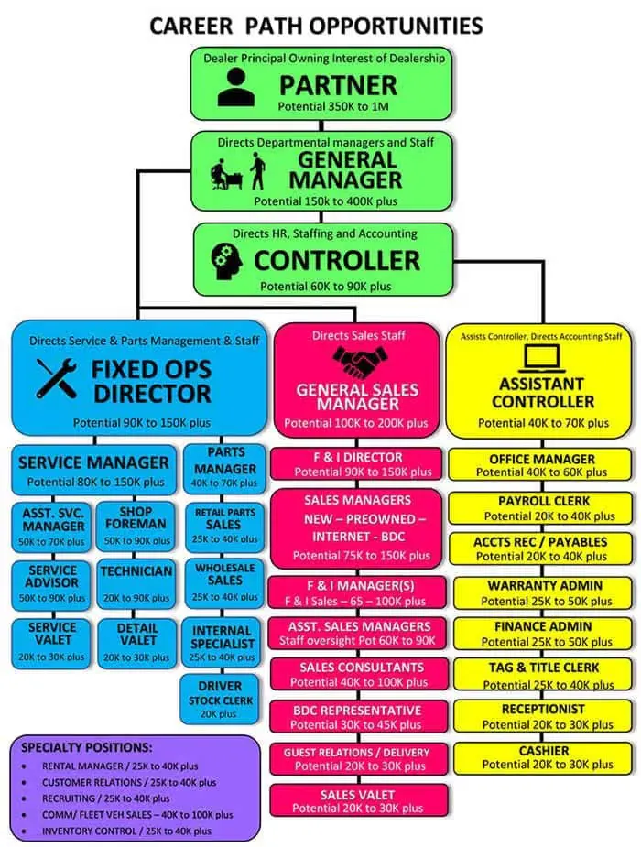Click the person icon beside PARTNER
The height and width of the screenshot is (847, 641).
236,87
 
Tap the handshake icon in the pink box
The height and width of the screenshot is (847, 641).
360,362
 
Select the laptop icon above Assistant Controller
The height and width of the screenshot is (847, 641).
541,359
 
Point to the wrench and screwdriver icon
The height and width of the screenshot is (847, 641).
57,378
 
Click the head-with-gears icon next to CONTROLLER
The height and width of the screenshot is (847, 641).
227,261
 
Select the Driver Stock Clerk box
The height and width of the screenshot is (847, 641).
219,699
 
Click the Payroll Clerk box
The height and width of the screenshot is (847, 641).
540,508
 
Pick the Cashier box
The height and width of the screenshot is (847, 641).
543,758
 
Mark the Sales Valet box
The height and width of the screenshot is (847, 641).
359,800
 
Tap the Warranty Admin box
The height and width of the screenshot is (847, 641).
543,592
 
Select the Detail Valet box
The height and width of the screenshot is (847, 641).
137,643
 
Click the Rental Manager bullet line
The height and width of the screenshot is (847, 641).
120,766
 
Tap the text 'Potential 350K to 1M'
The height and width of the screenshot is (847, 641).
333,106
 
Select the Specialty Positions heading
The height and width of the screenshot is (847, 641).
86,747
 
